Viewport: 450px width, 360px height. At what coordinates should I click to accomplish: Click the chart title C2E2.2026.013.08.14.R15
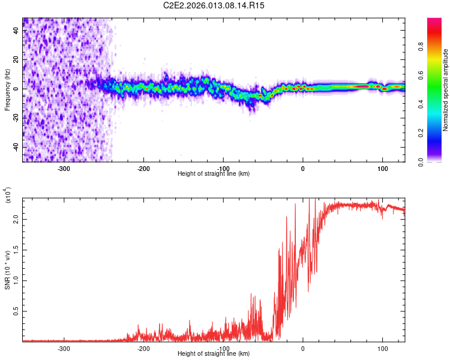214,5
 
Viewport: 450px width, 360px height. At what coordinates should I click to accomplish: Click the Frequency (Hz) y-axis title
7,89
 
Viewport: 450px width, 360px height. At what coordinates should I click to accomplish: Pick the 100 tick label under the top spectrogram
382,169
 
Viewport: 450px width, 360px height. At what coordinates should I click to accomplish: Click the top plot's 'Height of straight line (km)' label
214,174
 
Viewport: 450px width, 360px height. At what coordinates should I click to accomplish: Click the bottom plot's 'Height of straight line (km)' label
214,354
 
